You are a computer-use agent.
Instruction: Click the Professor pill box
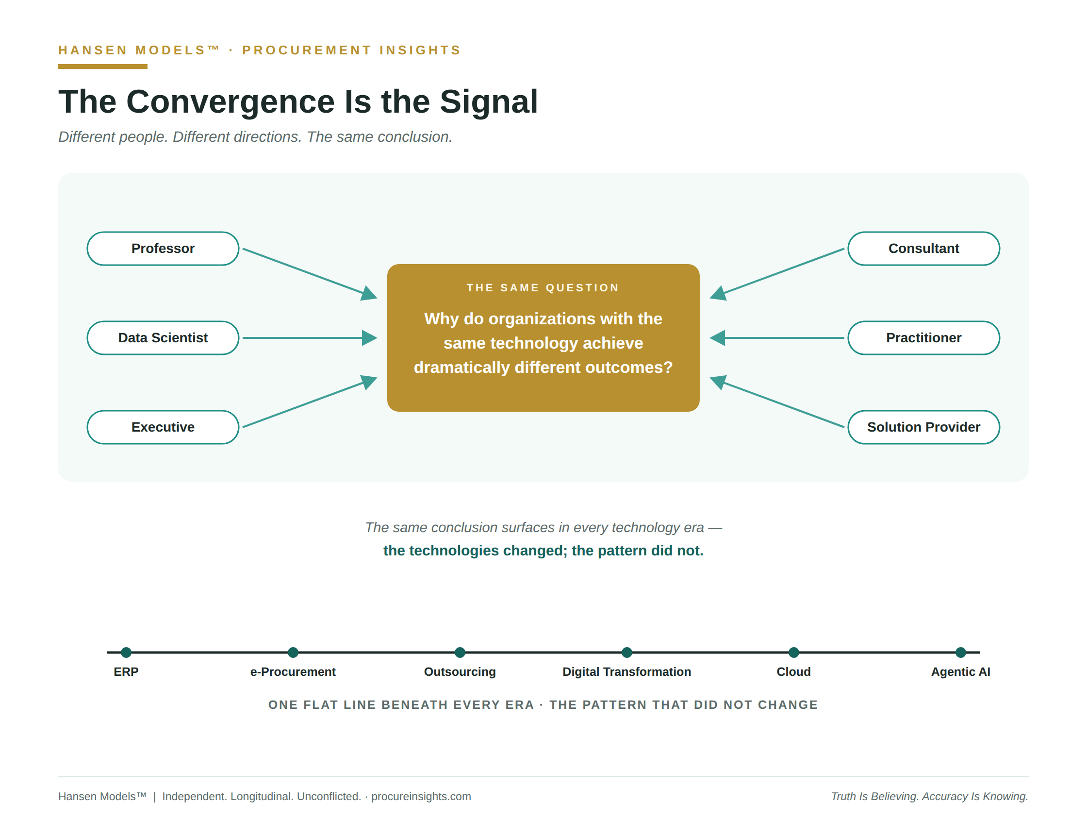[x=163, y=249]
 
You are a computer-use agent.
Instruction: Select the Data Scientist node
[x=163, y=337]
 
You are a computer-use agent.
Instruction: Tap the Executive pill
[x=163, y=427]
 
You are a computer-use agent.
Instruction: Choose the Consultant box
[x=924, y=249]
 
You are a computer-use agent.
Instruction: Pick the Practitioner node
[x=924, y=337]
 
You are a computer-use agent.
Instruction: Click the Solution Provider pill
[x=924, y=427]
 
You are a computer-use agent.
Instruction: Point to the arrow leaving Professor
[x=310, y=273]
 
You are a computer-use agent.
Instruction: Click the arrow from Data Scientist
[x=310, y=338]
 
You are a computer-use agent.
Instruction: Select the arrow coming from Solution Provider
[x=777, y=402]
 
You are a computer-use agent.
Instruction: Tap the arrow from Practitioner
[x=777, y=338]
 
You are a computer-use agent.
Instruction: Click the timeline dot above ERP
[x=127, y=653]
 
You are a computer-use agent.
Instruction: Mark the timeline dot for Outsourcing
[x=460, y=653]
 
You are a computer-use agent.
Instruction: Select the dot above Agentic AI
[x=960, y=653]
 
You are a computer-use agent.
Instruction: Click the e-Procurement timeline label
[x=293, y=672]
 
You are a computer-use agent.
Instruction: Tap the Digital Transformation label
[x=626, y=672]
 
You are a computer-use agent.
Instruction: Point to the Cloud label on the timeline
[x=794, y=672]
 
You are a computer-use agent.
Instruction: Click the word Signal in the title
[x=489, y=102]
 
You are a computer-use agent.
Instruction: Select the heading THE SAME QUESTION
[x=543, y=288]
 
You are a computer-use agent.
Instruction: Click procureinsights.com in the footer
[x=421, y=796]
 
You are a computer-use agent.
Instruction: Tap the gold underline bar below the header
[x=102, y=67]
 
